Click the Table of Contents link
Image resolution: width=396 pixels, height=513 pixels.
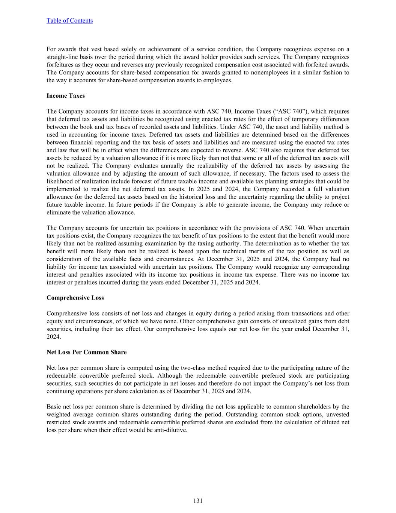point(69,21)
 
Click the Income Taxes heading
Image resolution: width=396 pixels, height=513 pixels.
point(66,96)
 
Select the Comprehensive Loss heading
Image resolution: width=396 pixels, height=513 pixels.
point(75,298)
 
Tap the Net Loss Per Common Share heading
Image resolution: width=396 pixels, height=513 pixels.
point(86,353)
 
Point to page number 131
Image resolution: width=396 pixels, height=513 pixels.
point(198,501)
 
